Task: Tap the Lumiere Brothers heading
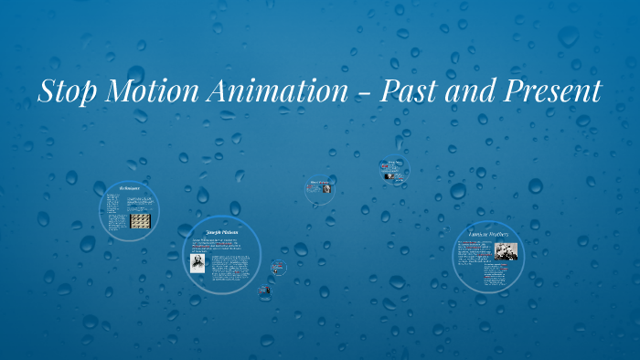488,235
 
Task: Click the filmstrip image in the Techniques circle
141,221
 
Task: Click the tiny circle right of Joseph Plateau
279,269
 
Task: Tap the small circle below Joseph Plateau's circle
264,290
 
